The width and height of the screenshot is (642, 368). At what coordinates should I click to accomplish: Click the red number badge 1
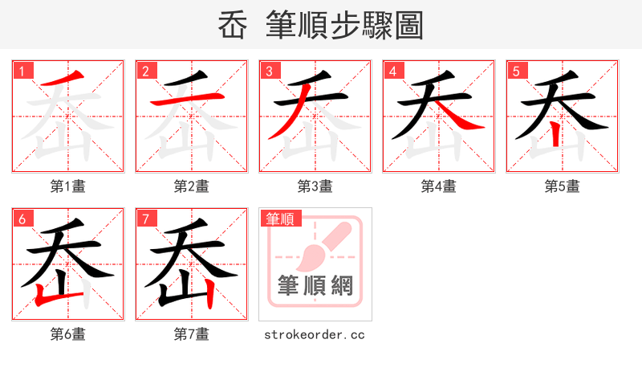click(22, 71)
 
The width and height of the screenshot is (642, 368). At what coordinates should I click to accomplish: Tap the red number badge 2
click(146, 71)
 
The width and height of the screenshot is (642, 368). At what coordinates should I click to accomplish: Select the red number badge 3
click(270, 71)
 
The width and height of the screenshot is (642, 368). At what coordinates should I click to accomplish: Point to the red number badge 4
click(393, 71)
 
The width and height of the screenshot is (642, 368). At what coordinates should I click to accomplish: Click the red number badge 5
click(517, 71)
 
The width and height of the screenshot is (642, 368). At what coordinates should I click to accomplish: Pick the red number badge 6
click(22, 219)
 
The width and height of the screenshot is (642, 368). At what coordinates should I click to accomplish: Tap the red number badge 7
click(146, 219)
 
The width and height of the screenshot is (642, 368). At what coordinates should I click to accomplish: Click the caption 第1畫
click(68, 186)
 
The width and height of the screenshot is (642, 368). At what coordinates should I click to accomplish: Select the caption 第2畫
click(192, 186)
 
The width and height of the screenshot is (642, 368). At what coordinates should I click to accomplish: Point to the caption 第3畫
click(315, 186)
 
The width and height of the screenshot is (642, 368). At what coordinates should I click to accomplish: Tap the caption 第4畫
click(439, 186)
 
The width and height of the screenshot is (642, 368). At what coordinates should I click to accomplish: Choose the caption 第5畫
click(563, 186)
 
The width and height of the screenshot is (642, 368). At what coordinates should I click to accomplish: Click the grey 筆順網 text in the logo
click(315, 286)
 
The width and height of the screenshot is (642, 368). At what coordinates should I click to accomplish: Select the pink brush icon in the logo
click(321, 245)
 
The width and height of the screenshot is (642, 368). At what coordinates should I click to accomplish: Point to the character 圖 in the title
click(408, 26)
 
